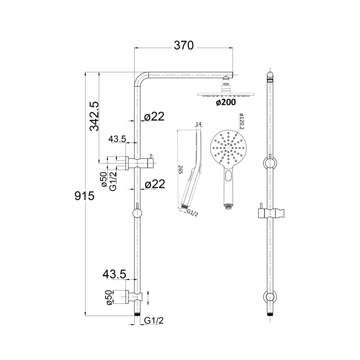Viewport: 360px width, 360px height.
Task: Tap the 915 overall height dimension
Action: pos(84,196)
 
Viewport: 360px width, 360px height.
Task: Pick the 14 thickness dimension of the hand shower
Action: pos(199,124)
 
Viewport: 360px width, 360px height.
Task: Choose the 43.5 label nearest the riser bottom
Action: pos(114,274)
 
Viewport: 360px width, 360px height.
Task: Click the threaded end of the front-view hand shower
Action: pos(228,207)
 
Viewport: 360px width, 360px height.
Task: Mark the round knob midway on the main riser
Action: pos(138,213)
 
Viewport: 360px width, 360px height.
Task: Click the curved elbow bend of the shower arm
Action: pos(141,79)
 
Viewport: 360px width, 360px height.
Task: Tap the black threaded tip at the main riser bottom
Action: pos(138,315)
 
